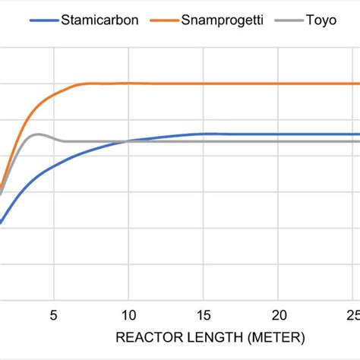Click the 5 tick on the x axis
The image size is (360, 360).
pos(53,314)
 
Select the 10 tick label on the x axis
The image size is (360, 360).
pos(128,314)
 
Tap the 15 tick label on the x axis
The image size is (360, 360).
pos(204,314)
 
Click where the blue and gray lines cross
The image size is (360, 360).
pos(128,141)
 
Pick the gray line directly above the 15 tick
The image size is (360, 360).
pos(204,141)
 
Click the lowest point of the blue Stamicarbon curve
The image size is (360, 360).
pos(2,223)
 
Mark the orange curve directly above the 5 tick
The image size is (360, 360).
pos(53,95)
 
